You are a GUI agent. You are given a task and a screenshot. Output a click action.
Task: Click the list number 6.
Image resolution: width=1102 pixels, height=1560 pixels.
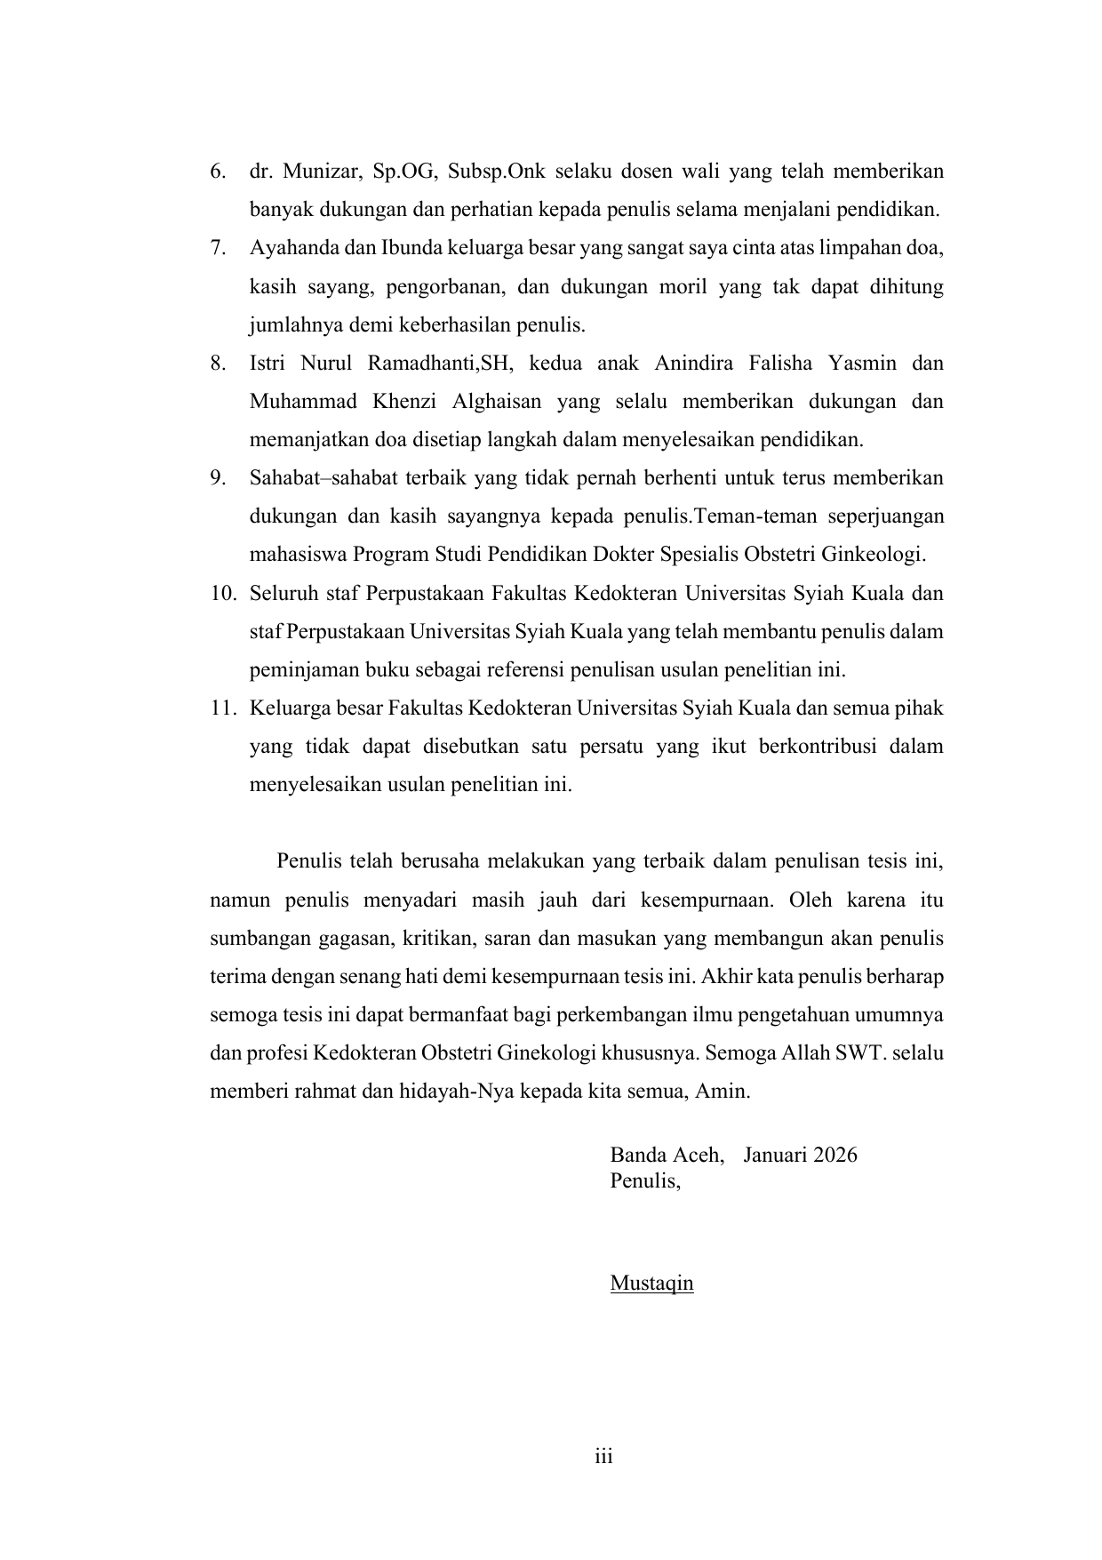[x=217, y=172]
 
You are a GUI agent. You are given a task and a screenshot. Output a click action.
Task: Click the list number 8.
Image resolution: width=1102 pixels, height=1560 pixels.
[x=217, y=364]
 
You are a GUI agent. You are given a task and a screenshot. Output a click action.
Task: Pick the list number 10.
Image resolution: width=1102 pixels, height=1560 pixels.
[x=222, y=593]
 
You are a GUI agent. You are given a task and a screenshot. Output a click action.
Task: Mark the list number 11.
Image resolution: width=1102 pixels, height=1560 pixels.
[x=222, y=708]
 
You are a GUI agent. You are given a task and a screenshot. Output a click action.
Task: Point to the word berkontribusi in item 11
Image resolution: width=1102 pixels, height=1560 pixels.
[x=818, y=747]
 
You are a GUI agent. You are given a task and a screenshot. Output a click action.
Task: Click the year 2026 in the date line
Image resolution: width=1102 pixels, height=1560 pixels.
[x=834, y=1156]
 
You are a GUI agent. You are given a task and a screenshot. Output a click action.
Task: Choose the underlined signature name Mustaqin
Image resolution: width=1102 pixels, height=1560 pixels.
[x=651, y=1284]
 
